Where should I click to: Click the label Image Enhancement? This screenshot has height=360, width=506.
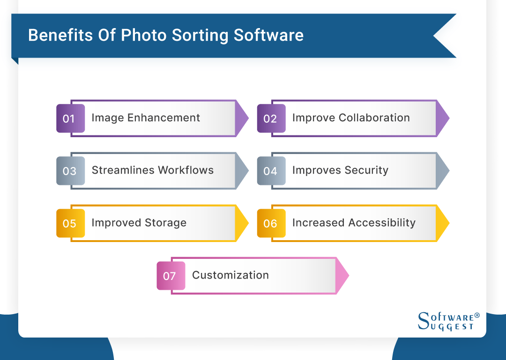click(146, 118)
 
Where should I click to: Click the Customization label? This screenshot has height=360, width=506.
click(231, 275)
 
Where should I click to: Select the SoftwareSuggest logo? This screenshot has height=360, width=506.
click(448, 321)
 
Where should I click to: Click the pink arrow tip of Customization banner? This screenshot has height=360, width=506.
click(342, 276)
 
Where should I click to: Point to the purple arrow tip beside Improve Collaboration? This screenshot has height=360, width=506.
click(443, 118)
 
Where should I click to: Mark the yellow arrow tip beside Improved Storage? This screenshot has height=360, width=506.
click(242, 223)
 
